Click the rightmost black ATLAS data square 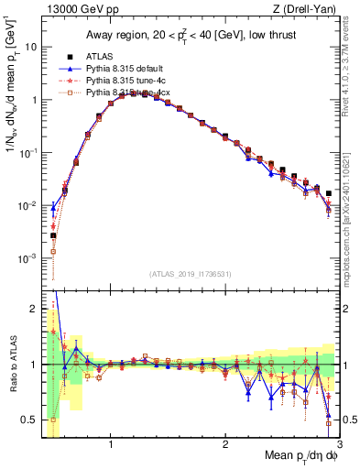328,193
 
